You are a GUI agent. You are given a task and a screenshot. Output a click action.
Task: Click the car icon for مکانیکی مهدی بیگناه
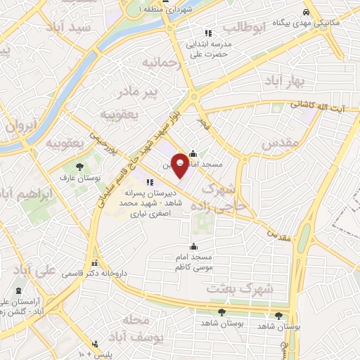tap(306, 13)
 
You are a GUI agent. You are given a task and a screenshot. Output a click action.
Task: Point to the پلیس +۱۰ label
tap(95, 351)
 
